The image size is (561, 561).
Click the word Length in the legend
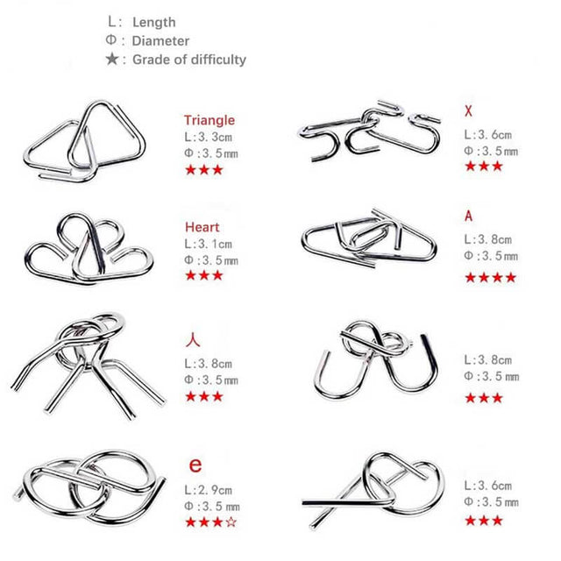click(154, 23)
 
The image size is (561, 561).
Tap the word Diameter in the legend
click(160, 41)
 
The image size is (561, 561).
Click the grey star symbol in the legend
click(112, 59)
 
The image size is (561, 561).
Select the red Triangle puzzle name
click(209, 120)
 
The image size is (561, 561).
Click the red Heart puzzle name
click(202, 227)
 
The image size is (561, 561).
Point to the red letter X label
click(468, 111)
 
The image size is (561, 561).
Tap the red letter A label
click(468, 217)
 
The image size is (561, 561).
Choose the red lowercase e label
click(195, 465)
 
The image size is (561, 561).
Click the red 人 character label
click(193, 340)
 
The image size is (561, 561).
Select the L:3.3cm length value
click(209, 137)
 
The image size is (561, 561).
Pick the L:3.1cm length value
click(209, 244)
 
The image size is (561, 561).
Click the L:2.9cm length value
click(209, 490)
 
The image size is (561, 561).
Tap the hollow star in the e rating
click(231, 522)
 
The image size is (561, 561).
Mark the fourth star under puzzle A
click(511, 277)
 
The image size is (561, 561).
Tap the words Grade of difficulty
click(189, 60)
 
